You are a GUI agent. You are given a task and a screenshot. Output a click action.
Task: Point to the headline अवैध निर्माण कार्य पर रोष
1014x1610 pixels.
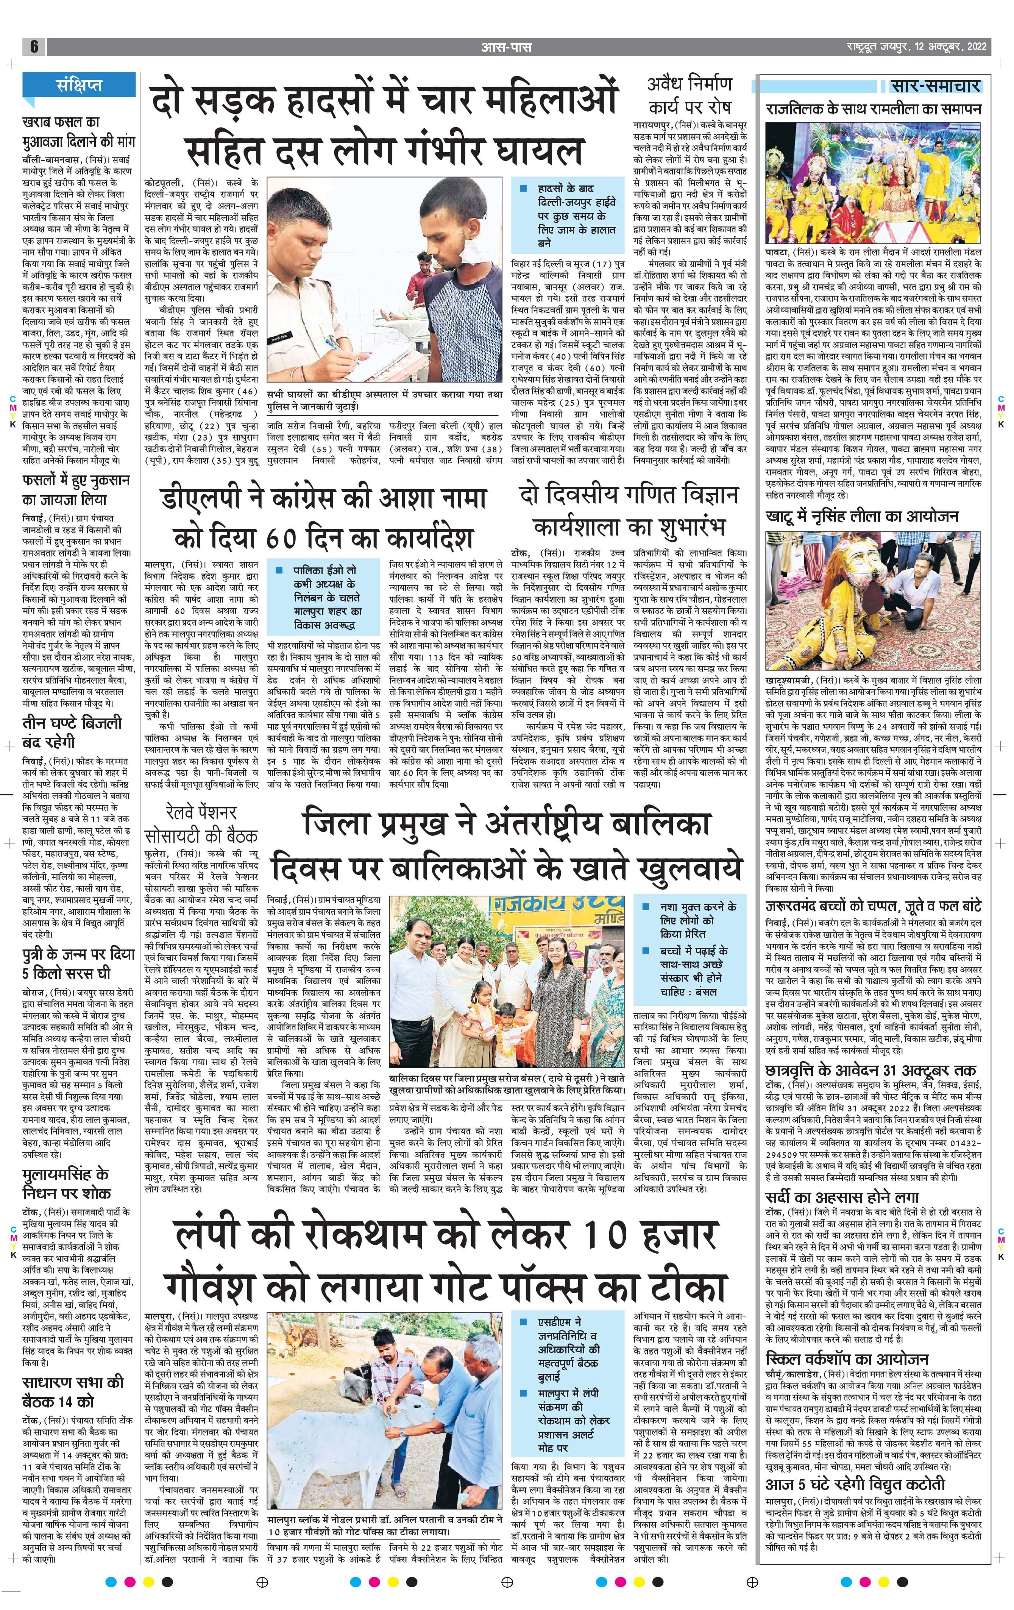tap(689, 94)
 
